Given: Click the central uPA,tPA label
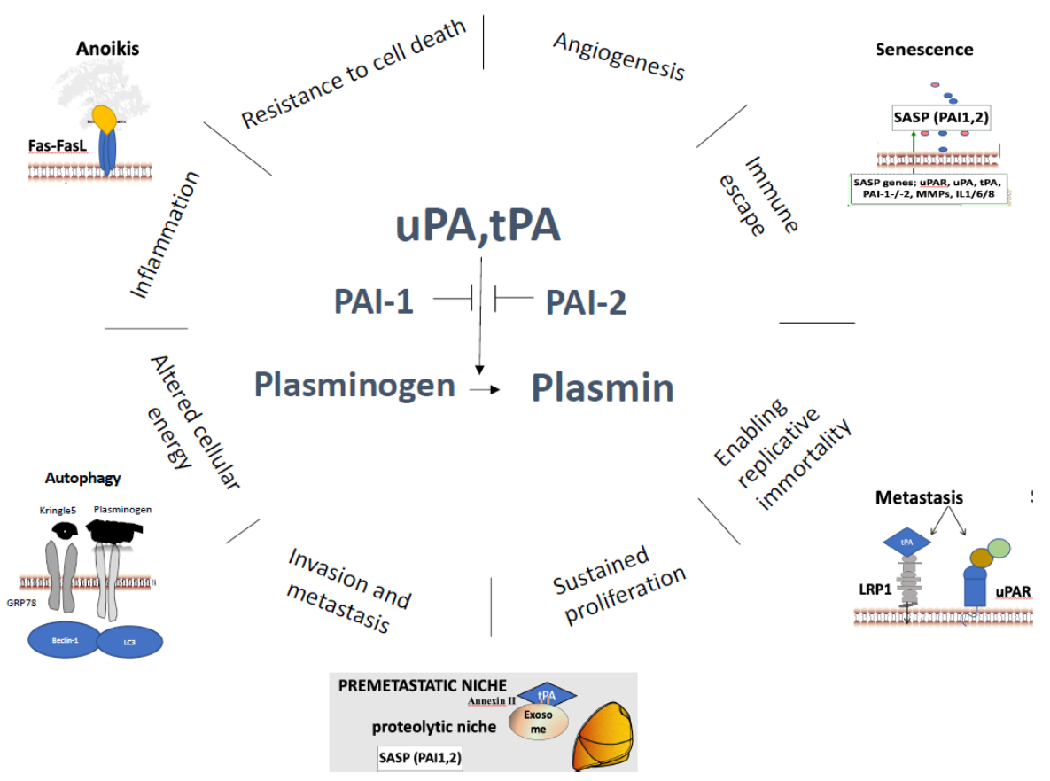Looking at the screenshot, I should click(478, 225).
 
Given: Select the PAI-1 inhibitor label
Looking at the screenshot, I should click(373, 302).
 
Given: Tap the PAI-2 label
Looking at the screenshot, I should click(586, 302).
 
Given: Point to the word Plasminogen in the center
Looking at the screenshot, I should click(354, 386).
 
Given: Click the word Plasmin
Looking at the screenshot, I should click(603, 387).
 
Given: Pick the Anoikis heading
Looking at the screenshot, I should click(107, 49).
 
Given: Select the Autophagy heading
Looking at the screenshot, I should click(82, 478).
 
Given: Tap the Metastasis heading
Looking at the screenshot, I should click(919, 497).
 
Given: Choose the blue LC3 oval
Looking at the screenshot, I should click(129, 641).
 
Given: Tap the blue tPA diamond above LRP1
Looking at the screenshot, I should click(906, 541).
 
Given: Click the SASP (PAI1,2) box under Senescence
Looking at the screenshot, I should click(939, 117).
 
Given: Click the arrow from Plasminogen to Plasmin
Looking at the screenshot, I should click(484, 388).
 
